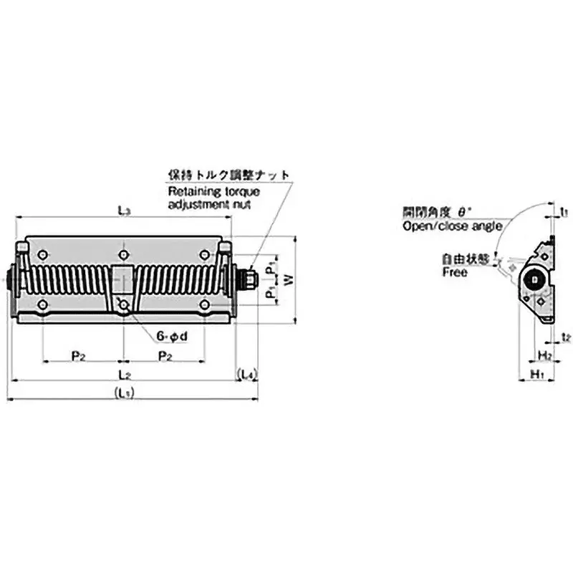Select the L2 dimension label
[x=124, y=374]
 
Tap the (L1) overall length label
[x=124, y=393]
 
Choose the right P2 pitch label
[x=165, y=355]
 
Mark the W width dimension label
[x=289, y=280]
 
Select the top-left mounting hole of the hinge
[x=44, y=254]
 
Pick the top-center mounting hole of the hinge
[x=125, y=254]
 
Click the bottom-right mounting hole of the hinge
[x=206, y=305]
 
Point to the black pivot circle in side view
[x=534, y=281]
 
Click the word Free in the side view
[x=454, y=273]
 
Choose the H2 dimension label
[x=544, y=355]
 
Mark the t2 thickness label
[x=565, y=337]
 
